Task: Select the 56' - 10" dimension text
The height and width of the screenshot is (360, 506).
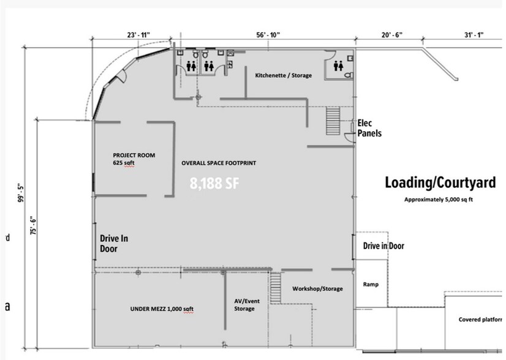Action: (x=268, y=36)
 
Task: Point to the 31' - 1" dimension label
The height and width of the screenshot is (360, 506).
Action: (x=475, y=36)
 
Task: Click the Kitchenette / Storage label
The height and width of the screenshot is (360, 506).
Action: (x=283, y=75)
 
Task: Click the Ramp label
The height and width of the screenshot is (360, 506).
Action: (x=370, y=285)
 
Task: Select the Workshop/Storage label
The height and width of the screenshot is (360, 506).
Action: (x=317, y=288)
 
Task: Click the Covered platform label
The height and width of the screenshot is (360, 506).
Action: (x=480, y=320)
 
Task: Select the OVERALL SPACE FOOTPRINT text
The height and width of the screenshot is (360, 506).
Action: (x=218, y=163)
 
